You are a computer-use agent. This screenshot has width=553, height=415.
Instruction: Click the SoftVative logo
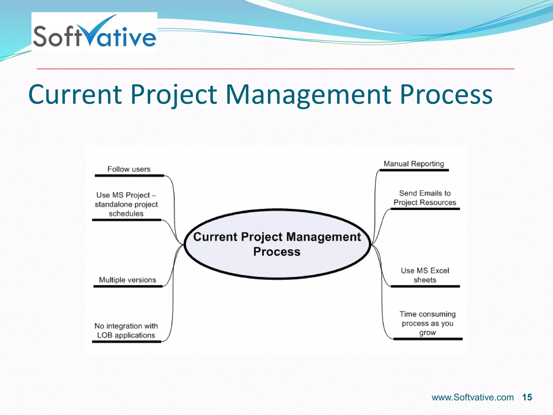coord(94,32)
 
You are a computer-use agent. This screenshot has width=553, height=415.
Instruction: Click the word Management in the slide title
coord(308,95)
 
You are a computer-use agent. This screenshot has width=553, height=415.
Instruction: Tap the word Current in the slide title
coord(75,95)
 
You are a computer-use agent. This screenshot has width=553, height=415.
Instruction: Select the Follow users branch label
coord(129,169)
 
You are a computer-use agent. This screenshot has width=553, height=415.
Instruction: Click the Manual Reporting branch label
coord(414,164)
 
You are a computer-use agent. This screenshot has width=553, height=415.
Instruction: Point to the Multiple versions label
coord(127,280)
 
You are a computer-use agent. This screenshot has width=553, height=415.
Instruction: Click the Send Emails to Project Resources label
coord(425,198)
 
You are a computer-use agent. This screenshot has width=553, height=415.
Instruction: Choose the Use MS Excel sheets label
coord(425,275)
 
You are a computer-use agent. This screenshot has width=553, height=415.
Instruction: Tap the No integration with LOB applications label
coord(126,330)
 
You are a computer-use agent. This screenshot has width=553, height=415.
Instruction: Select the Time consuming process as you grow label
coord(427,323)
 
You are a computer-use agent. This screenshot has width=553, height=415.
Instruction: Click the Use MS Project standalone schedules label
coord(126,204)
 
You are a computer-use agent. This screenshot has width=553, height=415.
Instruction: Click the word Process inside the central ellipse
coord(276,252)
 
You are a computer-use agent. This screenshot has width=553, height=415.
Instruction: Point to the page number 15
coord(527,397)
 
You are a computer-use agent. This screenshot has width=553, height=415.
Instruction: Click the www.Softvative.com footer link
coord(473,397)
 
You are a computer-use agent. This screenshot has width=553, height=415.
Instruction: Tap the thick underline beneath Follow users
coord(129,176)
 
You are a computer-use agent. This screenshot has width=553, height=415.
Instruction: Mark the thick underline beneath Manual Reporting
coord(414,170)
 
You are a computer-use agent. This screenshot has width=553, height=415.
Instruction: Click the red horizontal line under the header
coord(275,69)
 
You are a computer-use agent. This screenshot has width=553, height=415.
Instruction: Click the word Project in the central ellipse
coord(261,237)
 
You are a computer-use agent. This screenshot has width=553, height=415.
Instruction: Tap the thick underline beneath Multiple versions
coord(128,286)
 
